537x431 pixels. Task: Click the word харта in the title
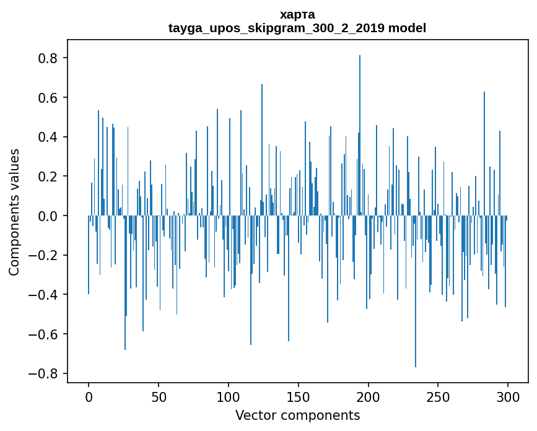[297, 15]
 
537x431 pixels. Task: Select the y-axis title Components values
[14, 212]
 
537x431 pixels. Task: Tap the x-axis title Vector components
[297, 415]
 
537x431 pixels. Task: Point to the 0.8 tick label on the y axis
[50, 58]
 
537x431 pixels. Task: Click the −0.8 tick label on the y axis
[46, 373]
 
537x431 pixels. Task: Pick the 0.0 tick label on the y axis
[50, 216]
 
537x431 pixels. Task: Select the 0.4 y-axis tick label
[50, 137]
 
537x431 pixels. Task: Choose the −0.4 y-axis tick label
[46, 295]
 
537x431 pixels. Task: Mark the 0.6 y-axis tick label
[50, 98]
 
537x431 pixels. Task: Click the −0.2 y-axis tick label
[46, 255]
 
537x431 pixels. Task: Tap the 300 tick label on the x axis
[508, 396]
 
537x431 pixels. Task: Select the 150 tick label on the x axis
[299, 396]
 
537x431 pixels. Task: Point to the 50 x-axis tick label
[159, 396]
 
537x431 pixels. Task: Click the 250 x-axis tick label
[438, 396]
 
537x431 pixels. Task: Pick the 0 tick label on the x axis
[89, 396]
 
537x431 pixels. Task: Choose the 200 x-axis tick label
[369, 396]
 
